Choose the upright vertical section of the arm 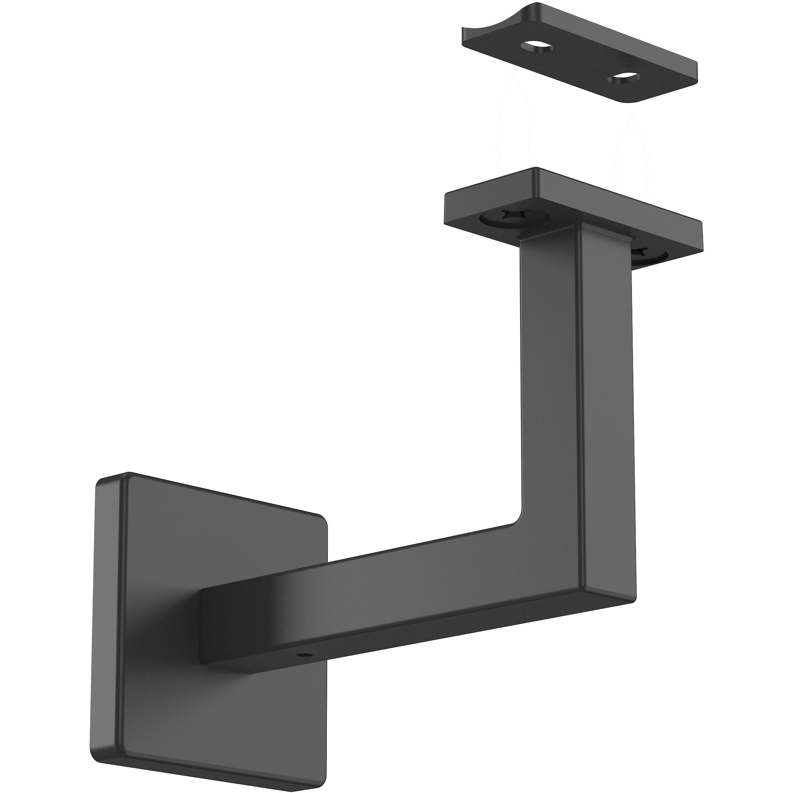tap(575, 369)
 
